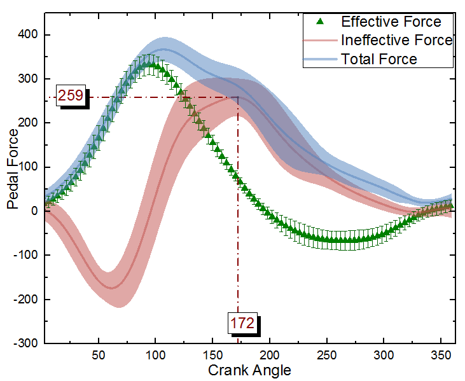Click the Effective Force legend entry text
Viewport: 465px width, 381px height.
[x=391, y=22]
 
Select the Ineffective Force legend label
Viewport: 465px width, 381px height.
[x=396, y=40]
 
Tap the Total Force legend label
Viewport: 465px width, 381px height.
[x=379, y=59]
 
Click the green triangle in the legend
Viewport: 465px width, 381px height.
[x=321, y=22]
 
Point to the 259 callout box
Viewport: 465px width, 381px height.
[x=70, y=96]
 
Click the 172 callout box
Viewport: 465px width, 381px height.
[x=243, y=323]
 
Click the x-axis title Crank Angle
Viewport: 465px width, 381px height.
[x=250, y=370]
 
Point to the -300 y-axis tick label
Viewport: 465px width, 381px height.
[x=26, y=343]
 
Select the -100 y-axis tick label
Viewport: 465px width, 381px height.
[x=26, y=255]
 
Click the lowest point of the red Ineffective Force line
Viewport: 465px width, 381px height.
[x=113, y=287]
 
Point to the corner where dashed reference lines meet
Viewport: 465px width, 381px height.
[x=238, y=97]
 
